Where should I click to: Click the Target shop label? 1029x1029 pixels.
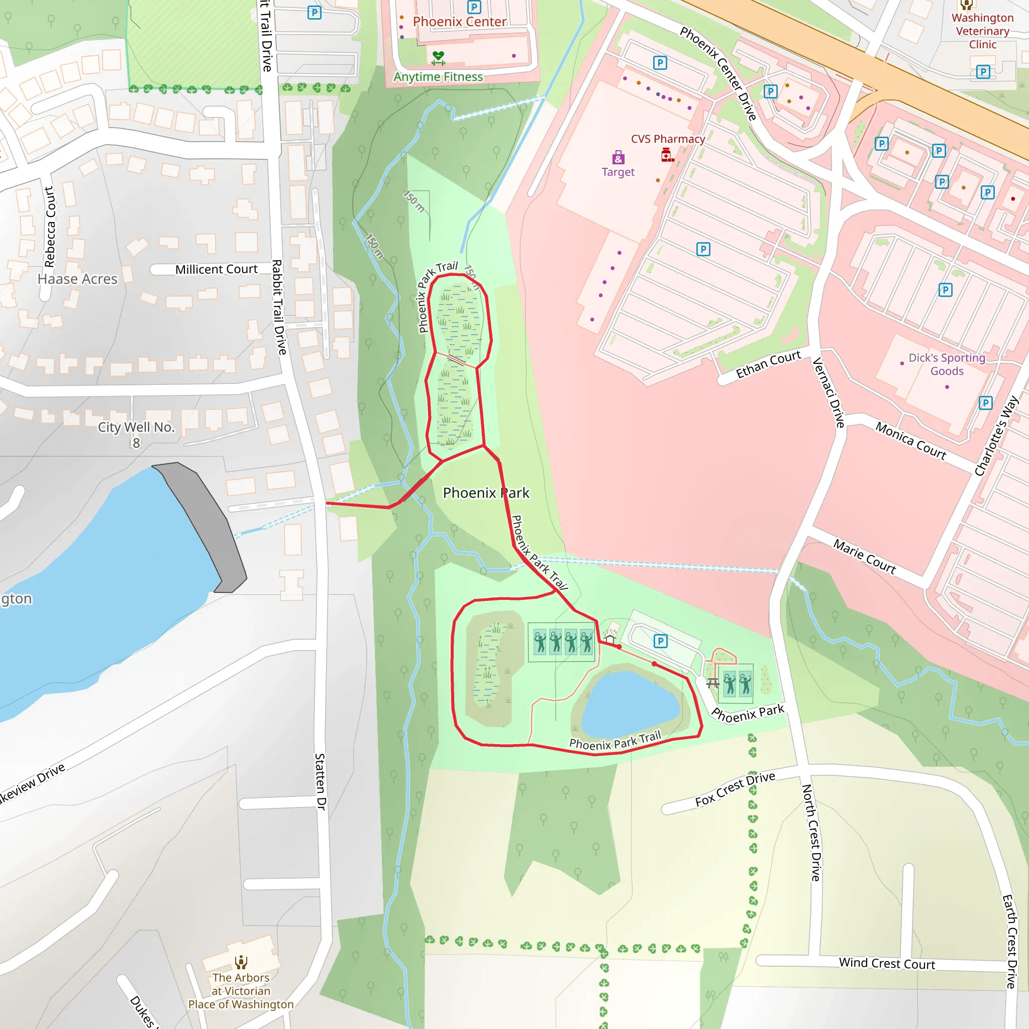(618, 172)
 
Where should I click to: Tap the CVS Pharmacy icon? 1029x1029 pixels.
(667, 155)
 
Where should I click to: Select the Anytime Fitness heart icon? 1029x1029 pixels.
(438, 57)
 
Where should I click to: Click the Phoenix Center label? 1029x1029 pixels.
(460, 22)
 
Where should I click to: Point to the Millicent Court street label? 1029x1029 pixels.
(216, 269)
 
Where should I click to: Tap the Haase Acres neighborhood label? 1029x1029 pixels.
(77, 279)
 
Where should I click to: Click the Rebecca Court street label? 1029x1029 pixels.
(50, 227)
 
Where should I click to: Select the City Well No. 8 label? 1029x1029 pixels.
(136, 434)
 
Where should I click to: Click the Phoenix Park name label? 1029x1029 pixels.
(486, 493)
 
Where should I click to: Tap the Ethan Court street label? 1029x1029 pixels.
(768, 364)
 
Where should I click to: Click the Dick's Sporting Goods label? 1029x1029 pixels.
(947, 364)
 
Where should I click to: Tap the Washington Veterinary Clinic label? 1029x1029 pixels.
(982, 31)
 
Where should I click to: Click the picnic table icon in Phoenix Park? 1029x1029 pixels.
(712, 683)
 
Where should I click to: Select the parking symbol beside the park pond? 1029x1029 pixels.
(660, 641)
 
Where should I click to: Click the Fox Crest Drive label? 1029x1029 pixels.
(735, 789)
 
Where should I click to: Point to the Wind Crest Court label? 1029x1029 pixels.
(887, 963)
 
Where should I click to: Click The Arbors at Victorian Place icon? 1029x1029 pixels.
(241, 961)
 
